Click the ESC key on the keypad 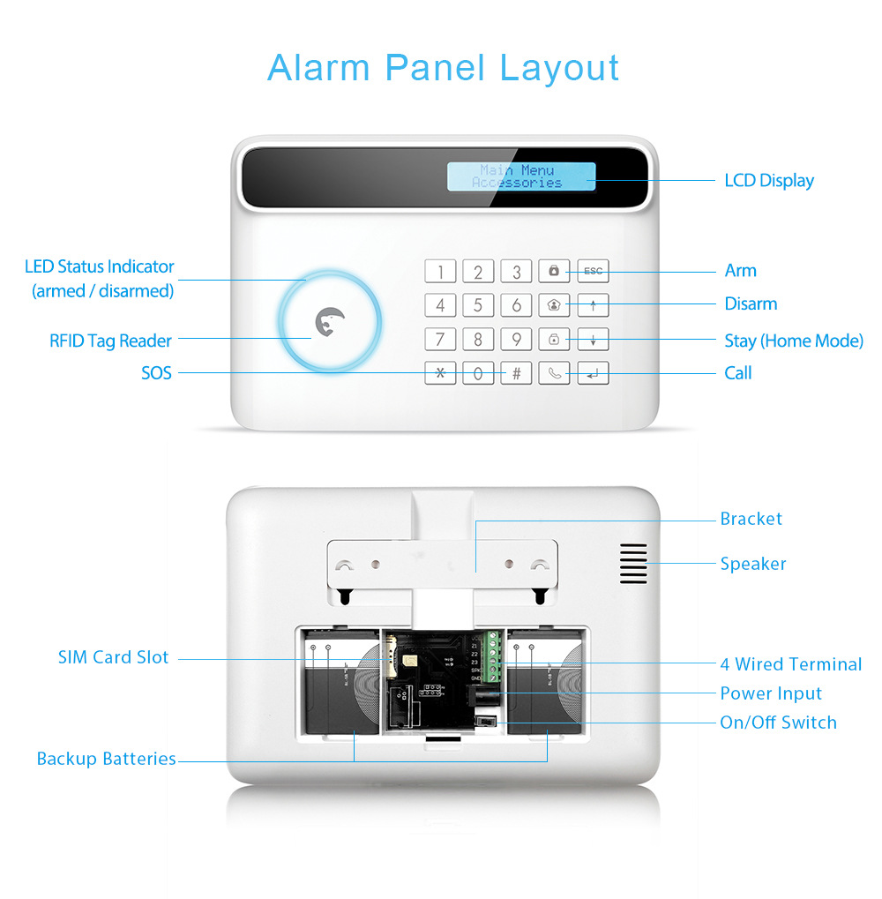coord(593,271)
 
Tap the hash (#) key coord(516,372)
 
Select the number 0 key coord(478,372)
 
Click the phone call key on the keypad coord(554,372)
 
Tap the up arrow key coord(593,305)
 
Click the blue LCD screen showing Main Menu coord(520,176)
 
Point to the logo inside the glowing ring coord(330,322)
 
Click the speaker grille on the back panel coord(632,563)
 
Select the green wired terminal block coord(493,656)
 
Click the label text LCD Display coord(769,181)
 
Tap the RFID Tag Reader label coord(111,341)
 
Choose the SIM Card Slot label coord(113,657)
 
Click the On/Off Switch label coord(778,723)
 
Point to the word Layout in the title coord(559,68)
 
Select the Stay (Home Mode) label coord(794,341)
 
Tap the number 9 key coord(516,339)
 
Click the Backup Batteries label coord(106,759)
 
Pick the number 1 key coord(440,271)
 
